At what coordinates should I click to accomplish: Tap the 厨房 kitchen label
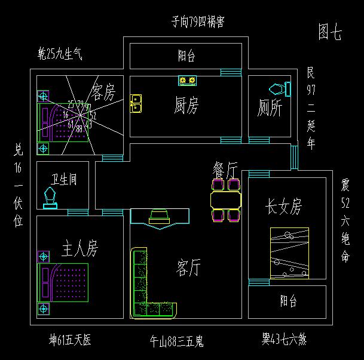(x=186, y=105)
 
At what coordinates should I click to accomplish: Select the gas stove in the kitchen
(x=186, y=80)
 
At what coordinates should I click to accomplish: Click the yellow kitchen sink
(x=136, y=103)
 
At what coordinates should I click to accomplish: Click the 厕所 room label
(x=269, y=108)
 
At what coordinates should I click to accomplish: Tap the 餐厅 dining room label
(x=225, y=168)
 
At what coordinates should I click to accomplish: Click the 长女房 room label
(x=283, y=207)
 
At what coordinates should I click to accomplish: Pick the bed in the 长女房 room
(x=289, y=253)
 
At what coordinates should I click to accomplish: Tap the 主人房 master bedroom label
(x=79, y=247)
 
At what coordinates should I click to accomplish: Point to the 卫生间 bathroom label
(x=63, y=179)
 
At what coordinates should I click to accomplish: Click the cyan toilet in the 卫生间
(x=50, y=198)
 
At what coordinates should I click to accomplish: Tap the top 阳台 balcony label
(x=186, y=56)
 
